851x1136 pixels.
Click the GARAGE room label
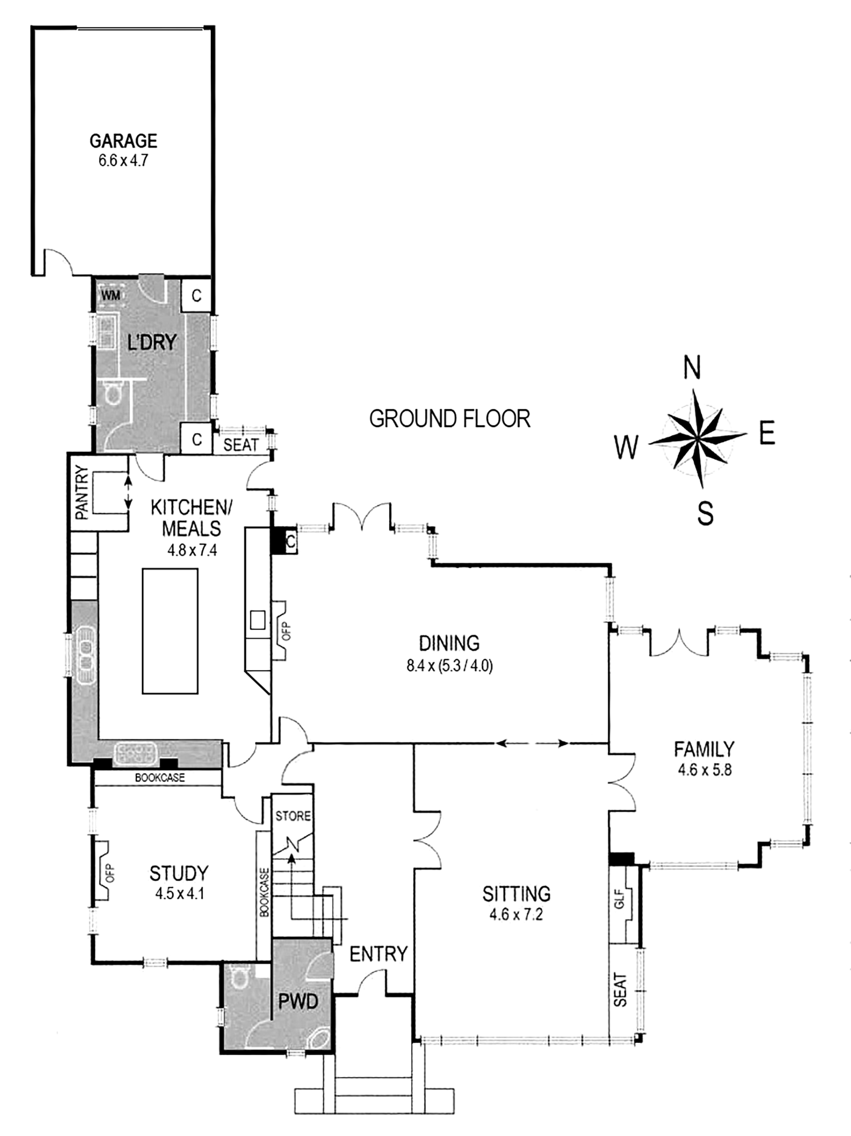coord(123,141)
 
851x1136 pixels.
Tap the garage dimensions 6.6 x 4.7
coord(123,161)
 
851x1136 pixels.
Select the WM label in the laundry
coord(110,295)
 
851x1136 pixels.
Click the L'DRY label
coord(152,342)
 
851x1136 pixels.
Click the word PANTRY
coord(82,493)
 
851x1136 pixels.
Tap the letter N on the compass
coord(692,368)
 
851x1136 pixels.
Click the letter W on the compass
coord(627,447)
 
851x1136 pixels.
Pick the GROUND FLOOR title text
coord(450,419)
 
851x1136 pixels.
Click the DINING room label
coord(450,643)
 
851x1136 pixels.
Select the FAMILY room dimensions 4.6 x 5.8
coord(704,770)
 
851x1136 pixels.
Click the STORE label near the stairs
coord(293,816)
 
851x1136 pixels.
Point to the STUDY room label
coord(179,873)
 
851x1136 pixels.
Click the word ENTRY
coord(378,954)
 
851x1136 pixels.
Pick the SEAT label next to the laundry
coord(241,445)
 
